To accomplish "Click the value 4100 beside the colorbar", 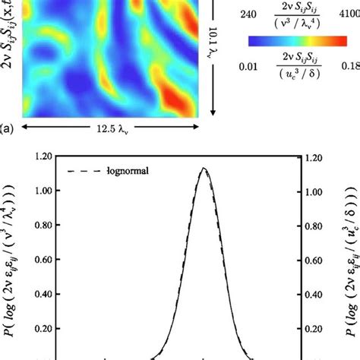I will [x=345, y=14].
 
